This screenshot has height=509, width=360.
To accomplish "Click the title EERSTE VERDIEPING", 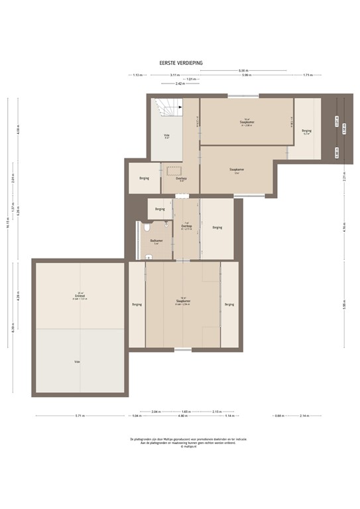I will (180, 63).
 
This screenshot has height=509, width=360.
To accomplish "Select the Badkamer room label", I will (156, 241).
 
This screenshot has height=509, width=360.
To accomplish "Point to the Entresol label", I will (80, 296).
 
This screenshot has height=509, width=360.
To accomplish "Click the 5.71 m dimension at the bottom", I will (80, 416).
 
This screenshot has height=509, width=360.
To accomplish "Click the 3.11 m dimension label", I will (174, 75).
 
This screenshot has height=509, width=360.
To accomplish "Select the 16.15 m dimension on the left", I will (9, 222).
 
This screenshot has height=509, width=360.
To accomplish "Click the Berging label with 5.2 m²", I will (306, 131).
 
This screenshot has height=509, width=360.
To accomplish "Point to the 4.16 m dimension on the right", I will (344, 225).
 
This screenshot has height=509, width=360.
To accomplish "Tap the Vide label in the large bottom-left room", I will (78, 362).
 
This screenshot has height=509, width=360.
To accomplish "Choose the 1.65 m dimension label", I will (186, 411).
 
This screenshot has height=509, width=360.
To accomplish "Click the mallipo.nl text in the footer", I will (180, 447).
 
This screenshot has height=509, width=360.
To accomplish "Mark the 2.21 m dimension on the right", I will (344, 178).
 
